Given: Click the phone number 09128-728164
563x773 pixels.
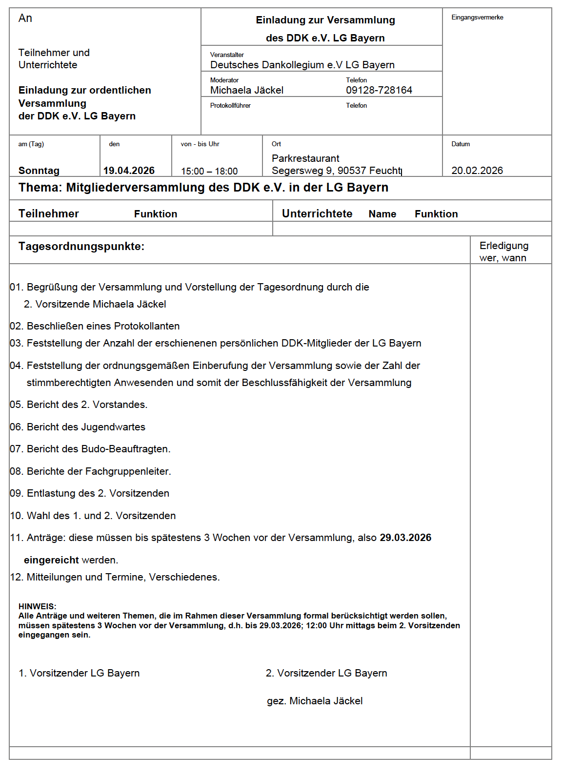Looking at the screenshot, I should click(379, 90).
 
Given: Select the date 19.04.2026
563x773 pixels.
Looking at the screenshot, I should click(129, 171).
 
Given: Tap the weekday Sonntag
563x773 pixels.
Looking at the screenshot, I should click(39, 171).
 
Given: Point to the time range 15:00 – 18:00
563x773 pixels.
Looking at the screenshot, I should click(209, 171).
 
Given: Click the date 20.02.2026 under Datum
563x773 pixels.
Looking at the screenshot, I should click(477, 171).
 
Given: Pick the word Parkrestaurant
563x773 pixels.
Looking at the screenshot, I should click(305, 158).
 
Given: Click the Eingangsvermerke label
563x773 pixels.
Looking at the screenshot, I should click(477, 18).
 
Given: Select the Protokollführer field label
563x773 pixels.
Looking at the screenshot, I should click(230, 105).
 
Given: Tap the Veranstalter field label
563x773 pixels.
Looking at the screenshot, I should click(227, 55).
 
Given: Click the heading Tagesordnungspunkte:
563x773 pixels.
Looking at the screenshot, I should click(81, 246).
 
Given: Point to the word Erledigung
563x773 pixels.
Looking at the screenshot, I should click(504, 246).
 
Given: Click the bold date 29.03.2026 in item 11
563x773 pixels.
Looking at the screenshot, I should click(405, 538).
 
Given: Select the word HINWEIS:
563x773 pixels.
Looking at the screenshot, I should click(37, 606).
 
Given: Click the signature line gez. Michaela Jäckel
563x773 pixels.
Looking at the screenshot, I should click(315, 701).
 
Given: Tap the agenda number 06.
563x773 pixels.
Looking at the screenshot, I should click(16, 427).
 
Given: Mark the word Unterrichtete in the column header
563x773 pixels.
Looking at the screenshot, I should click(317, 213).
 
